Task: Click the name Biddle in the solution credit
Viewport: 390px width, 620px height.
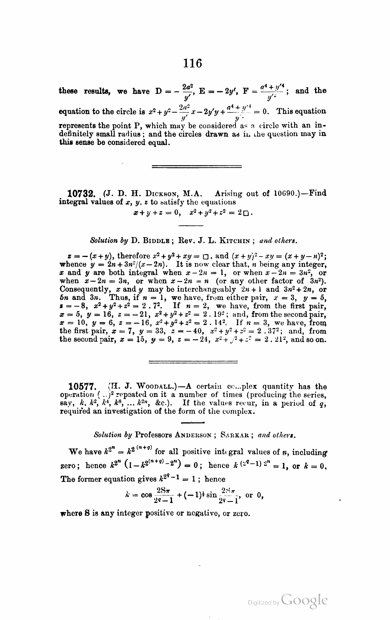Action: click(157, 241)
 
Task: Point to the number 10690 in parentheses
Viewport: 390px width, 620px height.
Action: click(286, 193)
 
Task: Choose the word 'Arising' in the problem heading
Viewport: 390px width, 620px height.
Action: click(229, 193)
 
